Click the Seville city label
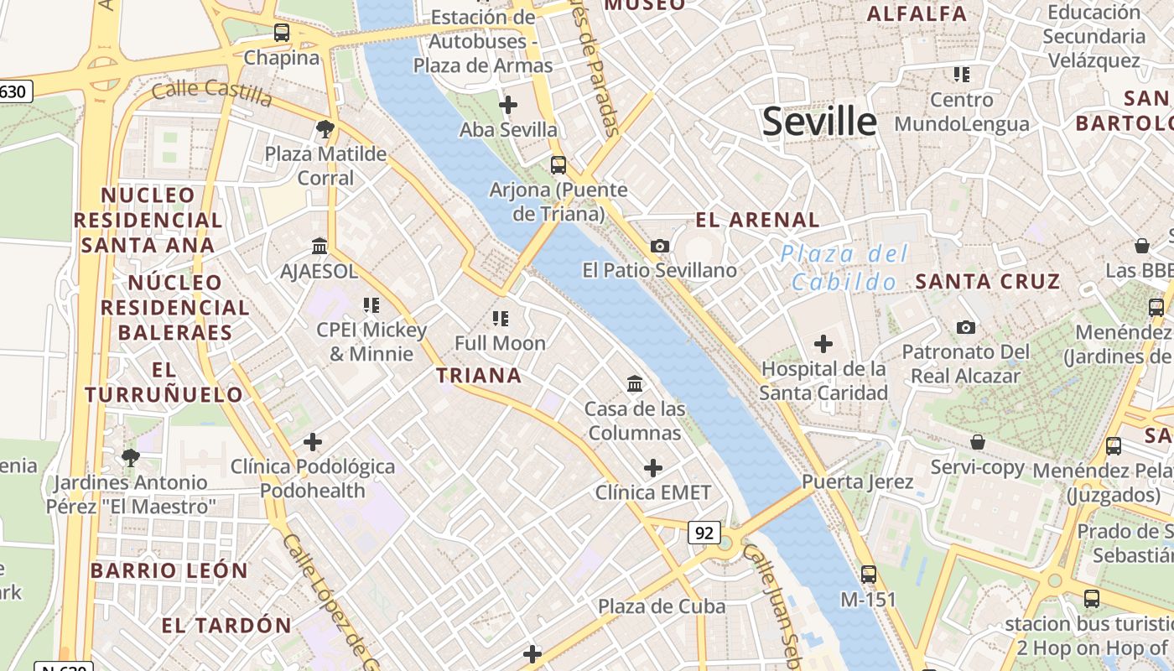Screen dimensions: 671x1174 819,122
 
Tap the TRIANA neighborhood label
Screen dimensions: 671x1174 479,375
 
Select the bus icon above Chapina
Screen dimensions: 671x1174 282,34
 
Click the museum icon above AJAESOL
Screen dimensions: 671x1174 319,247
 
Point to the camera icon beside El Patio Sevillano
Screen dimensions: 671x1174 660,246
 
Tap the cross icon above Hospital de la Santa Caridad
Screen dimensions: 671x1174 823,344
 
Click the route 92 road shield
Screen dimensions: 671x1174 704,532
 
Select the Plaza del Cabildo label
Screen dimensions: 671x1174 844,268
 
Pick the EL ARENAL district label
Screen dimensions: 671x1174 757,221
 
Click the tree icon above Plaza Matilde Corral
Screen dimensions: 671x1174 325,129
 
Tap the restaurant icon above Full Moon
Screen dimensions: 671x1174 501,318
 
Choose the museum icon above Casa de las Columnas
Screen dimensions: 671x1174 635,384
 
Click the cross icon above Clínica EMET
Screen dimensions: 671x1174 653,467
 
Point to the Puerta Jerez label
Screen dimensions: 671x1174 857,482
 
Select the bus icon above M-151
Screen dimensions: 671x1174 869,575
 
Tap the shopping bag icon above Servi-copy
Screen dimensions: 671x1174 977,442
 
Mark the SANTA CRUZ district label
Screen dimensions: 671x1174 987,282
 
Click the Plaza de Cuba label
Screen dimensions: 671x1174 662,606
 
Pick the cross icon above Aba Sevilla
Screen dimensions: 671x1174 508,105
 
